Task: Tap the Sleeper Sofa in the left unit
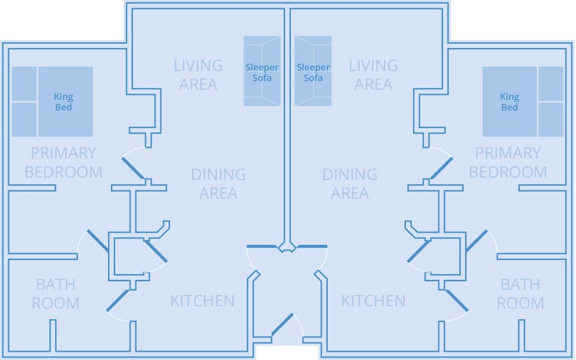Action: coord(262,71)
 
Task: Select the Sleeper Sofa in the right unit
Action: coord(313,71)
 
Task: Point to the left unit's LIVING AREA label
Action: coord(198,75)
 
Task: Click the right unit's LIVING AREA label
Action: coord(373,75)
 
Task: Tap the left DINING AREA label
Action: coord(218,184)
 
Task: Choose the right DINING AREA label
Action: coord(350,184)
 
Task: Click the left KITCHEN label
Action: coord(202,301)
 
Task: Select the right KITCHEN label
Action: coord(373,301)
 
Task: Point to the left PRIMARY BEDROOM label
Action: coord(63,162)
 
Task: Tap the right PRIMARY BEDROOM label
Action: coord(508,162)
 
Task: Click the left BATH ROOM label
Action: coord(56,294)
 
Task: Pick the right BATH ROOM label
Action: coord(520,294)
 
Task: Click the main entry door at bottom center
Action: coord(282,324)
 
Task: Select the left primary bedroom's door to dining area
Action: coord(134,169)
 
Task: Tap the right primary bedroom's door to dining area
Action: coord(441,169)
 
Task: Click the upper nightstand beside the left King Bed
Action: coord(24,84)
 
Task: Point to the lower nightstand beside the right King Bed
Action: coord(551,119)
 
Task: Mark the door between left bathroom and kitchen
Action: coord(118,301)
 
